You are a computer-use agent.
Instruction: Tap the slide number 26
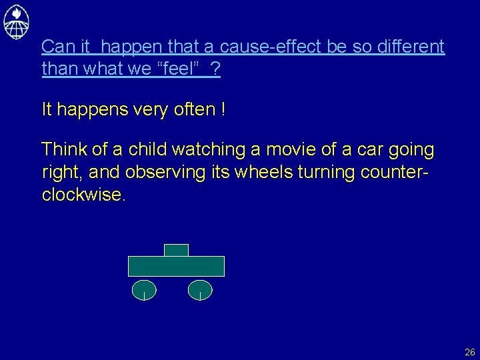(470, 352)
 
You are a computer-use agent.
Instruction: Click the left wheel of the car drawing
(144, 289)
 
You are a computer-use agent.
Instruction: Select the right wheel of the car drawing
(200, 289)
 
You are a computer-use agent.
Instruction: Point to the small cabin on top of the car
(176, 250)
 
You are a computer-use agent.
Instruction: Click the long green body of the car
(176, 266)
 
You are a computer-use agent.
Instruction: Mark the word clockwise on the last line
(82, 195)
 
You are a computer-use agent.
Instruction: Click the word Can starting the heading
(55, 47)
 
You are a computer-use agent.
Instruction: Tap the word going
(411, 150)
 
